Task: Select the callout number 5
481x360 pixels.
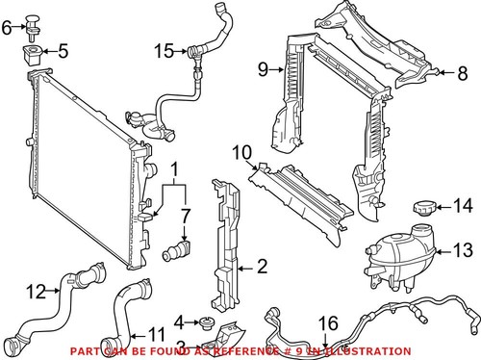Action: pos(63,50)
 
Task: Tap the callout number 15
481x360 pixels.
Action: pos(165,50)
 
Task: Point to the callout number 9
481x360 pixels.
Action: pos(263,68)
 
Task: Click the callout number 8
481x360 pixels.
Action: pos(461,71)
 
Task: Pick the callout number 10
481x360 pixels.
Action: pos(240,151)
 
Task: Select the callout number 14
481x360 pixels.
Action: pos(463,204)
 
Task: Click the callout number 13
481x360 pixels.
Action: pos(463,252)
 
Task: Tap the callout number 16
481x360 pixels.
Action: pos(328,323)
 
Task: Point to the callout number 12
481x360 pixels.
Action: pos(35,290)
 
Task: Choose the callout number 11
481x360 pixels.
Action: pos(154,336)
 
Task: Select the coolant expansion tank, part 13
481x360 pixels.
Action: pos(394,252)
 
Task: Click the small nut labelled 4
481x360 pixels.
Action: pos(206,321)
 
